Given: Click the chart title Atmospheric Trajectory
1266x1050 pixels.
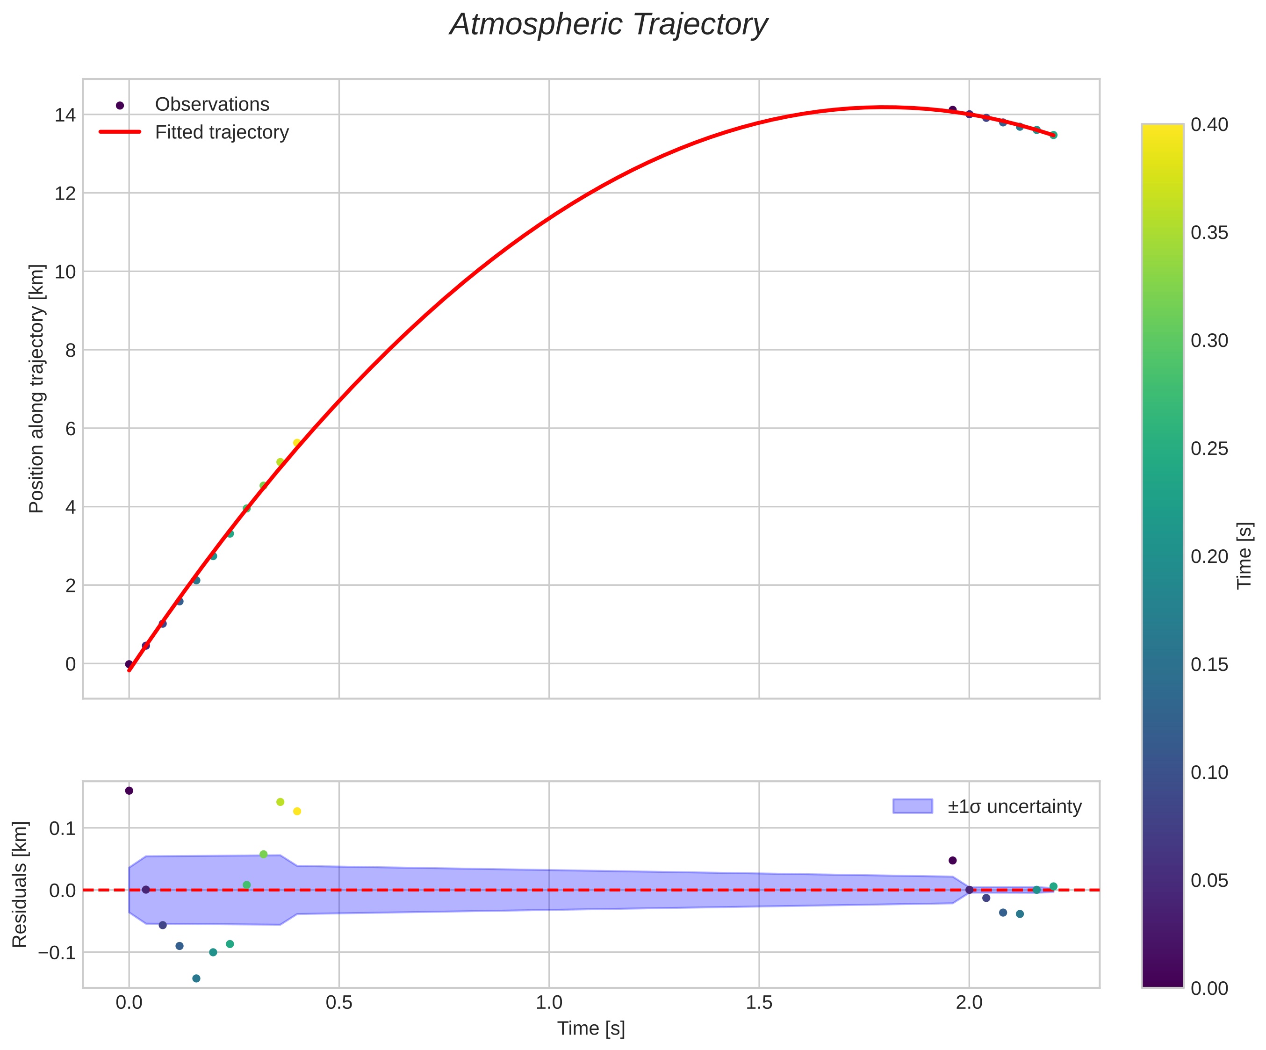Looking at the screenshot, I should tap(608, 25).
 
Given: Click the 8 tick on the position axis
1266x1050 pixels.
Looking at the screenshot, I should tap(71, 350).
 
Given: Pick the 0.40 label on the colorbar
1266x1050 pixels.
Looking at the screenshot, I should tap(1208, 125).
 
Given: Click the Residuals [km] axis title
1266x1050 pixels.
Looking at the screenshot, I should tap(20, 884).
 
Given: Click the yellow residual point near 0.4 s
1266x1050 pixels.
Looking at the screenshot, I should tap(296, 811).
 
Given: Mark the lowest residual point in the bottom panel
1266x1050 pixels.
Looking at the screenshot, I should tap(196, 978).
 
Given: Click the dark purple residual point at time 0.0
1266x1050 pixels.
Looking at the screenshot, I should tap(129, 791).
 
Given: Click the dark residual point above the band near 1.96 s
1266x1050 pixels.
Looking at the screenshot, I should tap(952, 860).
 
